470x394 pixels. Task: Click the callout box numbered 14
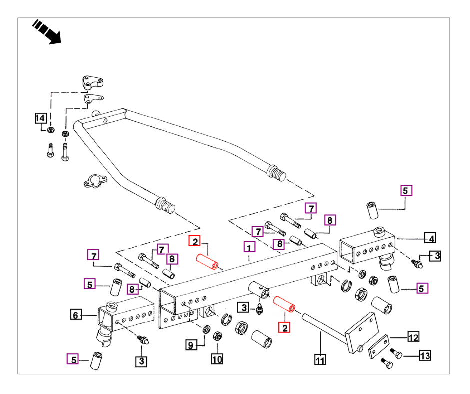pyautogui.click(x=40, y=118)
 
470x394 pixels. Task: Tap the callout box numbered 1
pyautogui.click(x=249, y=246)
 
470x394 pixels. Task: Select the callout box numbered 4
pyautogui.click(x=429, y=237)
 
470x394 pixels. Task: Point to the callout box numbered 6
pyautogui.click(x=75, y=315)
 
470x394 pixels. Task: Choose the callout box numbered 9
pyautogui.click(x=191, y=344)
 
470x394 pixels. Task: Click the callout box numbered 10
pyautogui.click(x=216, y=359)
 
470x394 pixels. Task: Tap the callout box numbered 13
pyautogui.click(x=424, y=356)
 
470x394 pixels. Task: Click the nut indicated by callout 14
pyautogui.click(x=51, y=131)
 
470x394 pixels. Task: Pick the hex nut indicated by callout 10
pyautogui.click(x=218, y=335)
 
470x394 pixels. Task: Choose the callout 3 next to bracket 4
pyautogui.click(x=436, y=256)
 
